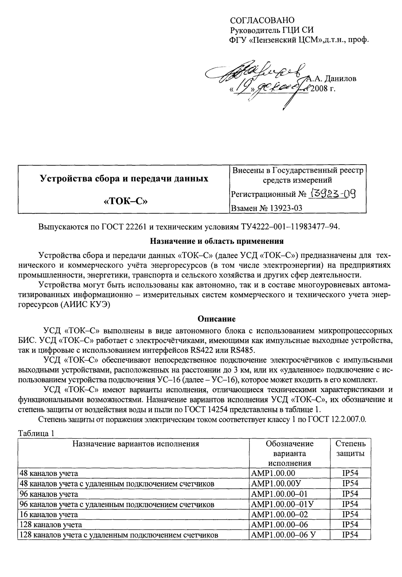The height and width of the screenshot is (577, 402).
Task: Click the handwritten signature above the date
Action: pyautogui.click(x=259, y=72)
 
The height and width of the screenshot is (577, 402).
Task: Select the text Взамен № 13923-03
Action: pyautogui.click(x=267, y=208)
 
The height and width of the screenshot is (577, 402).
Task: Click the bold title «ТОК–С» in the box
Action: pyautogui.click(x=124, y=202)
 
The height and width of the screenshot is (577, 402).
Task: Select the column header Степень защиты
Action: pyautogui.click(x=350, y=448)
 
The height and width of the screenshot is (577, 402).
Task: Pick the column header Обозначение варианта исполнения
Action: pyautogui.click(x=289, y=453)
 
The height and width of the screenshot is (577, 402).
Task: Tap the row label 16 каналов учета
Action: pyautogui.click(x=48, y=514)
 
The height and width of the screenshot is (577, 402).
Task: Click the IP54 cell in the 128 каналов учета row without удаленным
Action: pyautogui.click(x=350, y=524)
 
